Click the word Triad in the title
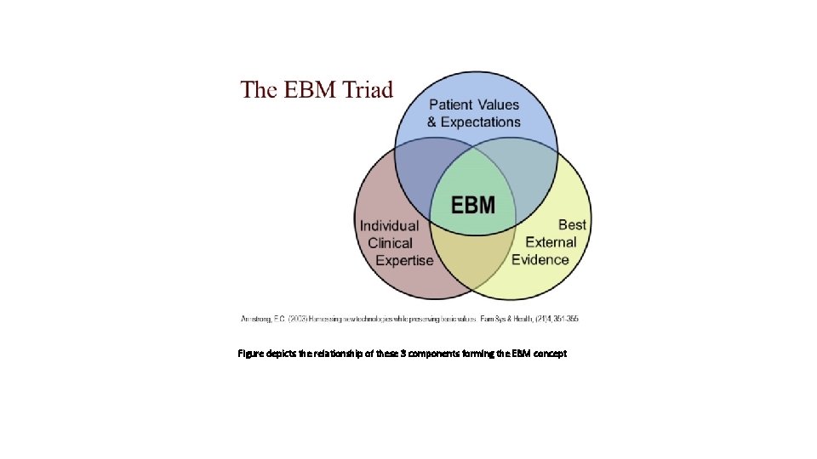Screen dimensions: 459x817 pyautogui.click(x=363, y=89)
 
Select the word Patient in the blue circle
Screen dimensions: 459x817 pyautogui.click(x=452, y=105)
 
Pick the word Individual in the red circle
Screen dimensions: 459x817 pyautogui.click(x=390, y=226)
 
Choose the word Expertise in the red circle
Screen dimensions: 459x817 pyautogui.click(x=404, y=260)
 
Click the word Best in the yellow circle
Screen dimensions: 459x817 pyautogui.click(x=572, y=224)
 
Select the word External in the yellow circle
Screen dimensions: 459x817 pyautogui.click(x=551, y=242)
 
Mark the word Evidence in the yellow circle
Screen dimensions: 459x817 pyautogui.click(x=540, y=259)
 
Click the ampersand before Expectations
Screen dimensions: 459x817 pyautogui.click(x=432, y=122)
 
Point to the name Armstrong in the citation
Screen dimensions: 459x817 pyautogui.click(x=254, y=319)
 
